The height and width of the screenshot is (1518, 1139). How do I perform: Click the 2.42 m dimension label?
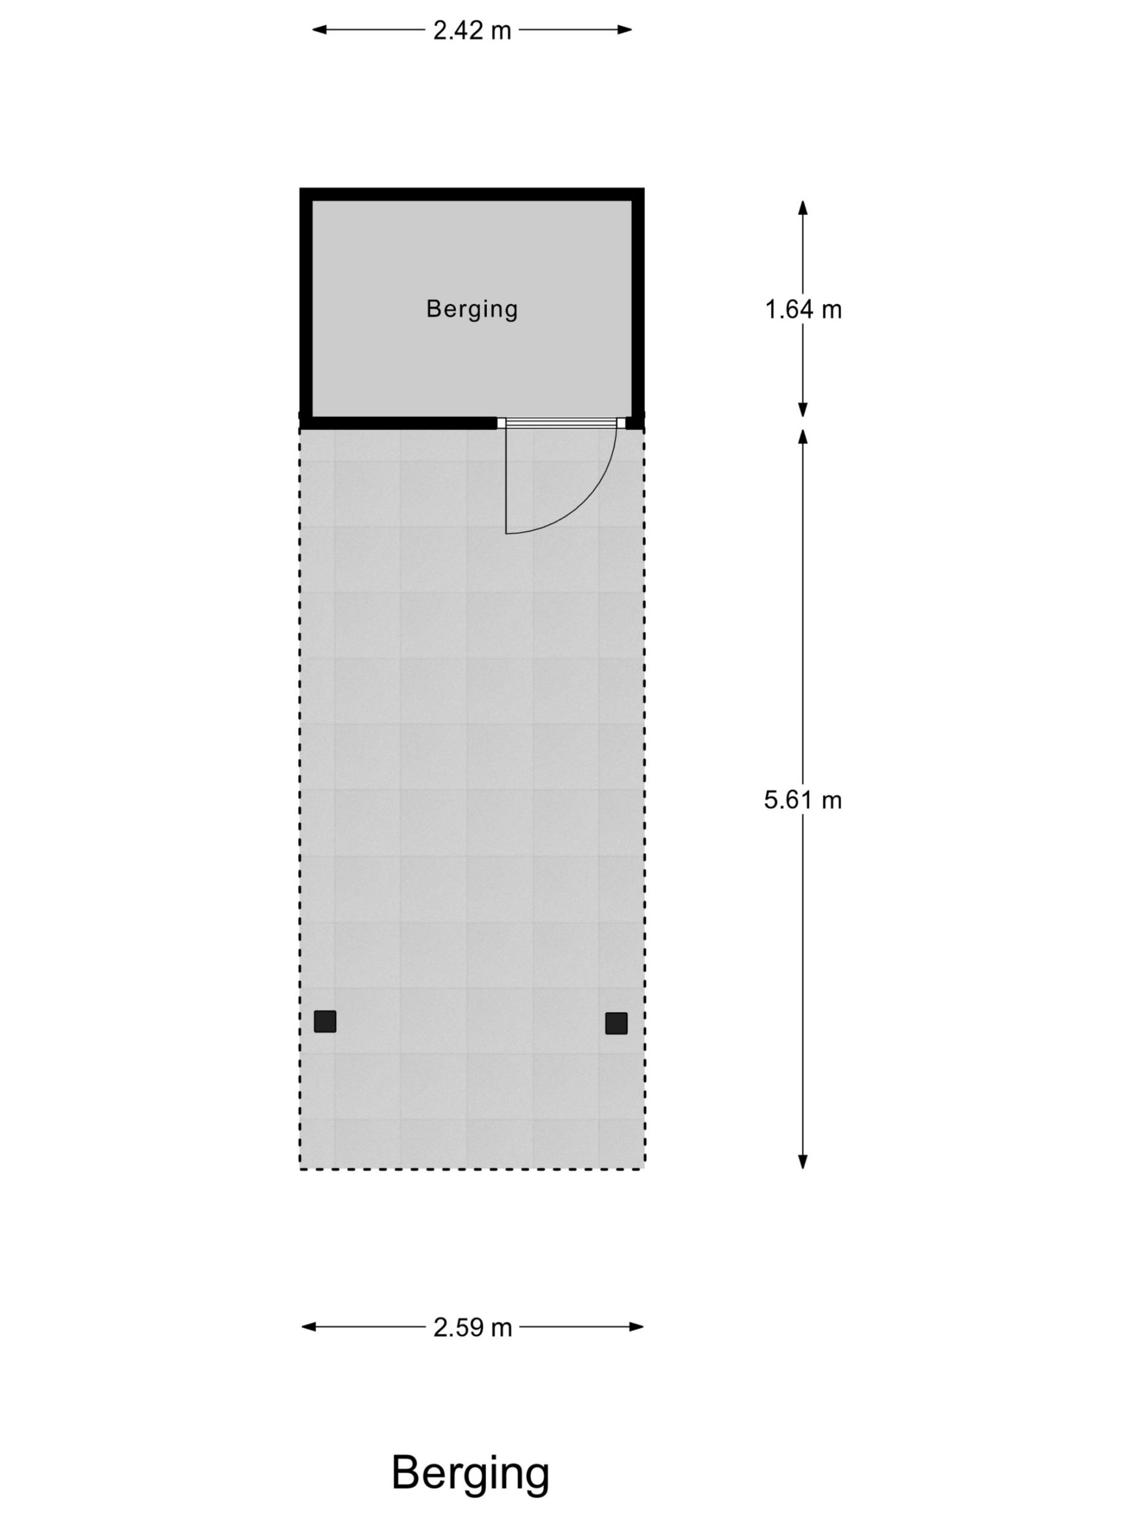(472, 31)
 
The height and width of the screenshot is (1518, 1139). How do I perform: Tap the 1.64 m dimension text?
(803, 310)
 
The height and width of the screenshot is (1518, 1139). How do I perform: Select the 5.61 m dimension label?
(803, 799)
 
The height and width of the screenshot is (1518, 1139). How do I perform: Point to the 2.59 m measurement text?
(472, 1328)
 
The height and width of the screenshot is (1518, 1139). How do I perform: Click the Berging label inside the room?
(472, 310)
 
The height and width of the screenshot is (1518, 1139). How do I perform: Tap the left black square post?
(324, 1021)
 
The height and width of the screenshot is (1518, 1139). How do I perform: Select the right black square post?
(616, 1023)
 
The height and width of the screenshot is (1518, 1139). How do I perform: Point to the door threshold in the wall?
(561, 423)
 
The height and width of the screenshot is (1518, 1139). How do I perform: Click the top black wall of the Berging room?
(472, 194)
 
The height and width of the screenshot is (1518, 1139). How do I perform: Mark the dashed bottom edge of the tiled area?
(472, 1169)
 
